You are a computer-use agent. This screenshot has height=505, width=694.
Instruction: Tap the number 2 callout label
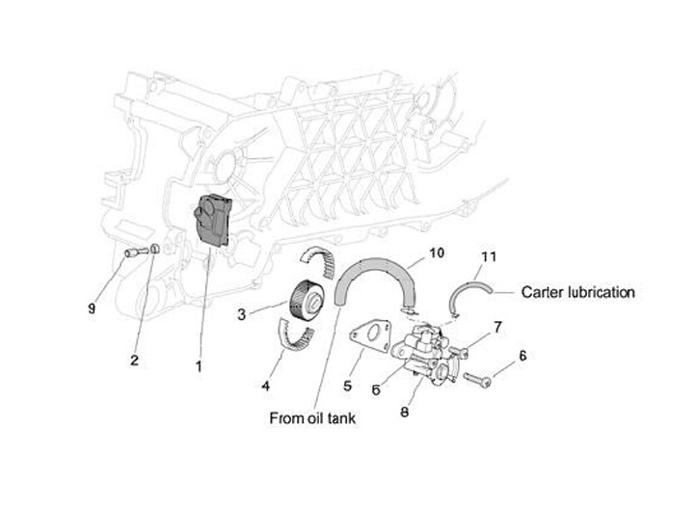134,359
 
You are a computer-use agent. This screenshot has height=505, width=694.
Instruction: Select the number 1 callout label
199,365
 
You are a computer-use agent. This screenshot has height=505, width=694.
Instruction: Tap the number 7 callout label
497,328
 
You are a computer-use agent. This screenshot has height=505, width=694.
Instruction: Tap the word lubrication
603,291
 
